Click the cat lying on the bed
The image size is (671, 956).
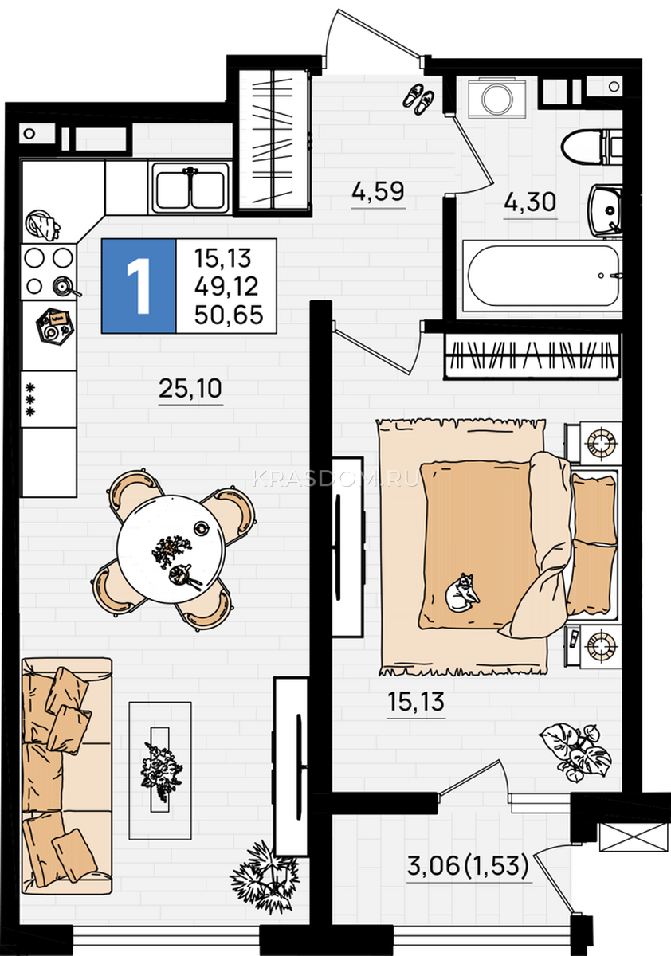[462, 594]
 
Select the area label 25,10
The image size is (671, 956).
[190, 389]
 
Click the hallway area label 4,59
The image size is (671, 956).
[378, 191]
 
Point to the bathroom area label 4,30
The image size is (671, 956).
[530, 202]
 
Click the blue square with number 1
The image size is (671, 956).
[139, 286]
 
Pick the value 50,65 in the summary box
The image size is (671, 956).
[229, 315]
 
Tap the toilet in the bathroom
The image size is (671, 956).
[591, 147]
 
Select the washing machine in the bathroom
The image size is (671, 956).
[496, 98]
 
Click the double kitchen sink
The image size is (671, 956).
[190, 188]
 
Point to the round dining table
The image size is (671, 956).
[171, 549]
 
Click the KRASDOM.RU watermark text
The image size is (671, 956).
[335, 479]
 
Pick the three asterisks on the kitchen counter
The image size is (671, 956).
[30, 400]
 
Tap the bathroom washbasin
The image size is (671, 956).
[606, 210]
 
